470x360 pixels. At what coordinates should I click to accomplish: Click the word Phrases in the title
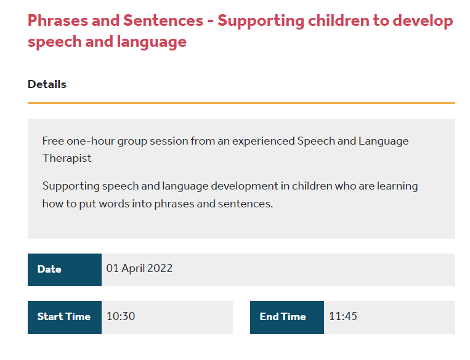[58, 21]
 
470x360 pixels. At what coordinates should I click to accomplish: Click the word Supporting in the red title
[261, 22]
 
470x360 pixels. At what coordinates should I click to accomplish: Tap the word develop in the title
[423, 22]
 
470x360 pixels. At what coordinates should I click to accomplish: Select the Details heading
[47, 84]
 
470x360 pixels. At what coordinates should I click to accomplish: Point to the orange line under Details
[241, 103]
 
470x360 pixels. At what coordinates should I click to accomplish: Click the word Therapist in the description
[67, 158]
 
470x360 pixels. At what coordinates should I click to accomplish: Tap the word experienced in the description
[264, 142]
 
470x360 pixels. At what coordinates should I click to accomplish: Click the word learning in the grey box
[397, 186]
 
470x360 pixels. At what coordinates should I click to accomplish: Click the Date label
[49, 270]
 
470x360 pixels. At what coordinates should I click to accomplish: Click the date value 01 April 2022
[139, 268]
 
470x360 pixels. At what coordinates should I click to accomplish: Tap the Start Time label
[64, 316]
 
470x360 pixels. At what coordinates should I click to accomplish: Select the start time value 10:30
[121, 316]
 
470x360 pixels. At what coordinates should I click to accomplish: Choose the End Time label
[283, 316]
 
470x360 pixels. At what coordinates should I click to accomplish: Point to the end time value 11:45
[343, 316]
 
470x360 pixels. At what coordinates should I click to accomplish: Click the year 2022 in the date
[160, 268]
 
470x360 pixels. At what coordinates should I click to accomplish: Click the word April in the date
[133, 269]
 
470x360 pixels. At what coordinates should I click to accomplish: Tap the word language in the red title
[152, 42]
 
